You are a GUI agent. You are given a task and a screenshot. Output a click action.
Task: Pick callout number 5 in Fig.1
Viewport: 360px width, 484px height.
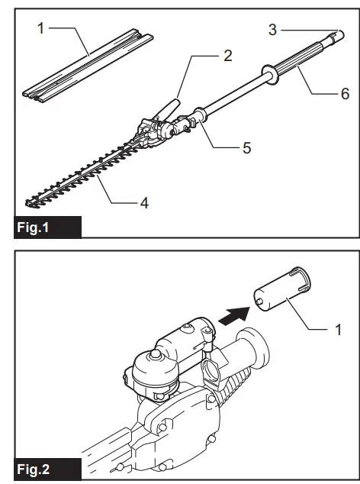tap(246, 147)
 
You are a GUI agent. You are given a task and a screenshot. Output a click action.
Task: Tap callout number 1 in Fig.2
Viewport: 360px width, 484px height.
tap(340, 331)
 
